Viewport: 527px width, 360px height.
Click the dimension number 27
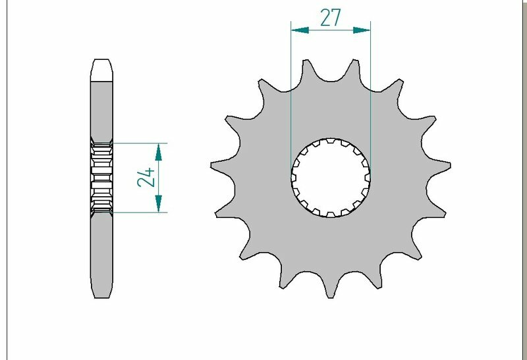click(331, 18)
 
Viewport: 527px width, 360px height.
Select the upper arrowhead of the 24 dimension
click(158, 152)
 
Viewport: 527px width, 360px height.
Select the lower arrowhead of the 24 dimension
click(158, 203)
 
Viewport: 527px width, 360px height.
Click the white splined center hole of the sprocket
click(331, 177)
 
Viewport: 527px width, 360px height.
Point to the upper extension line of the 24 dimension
click(138, 143)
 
